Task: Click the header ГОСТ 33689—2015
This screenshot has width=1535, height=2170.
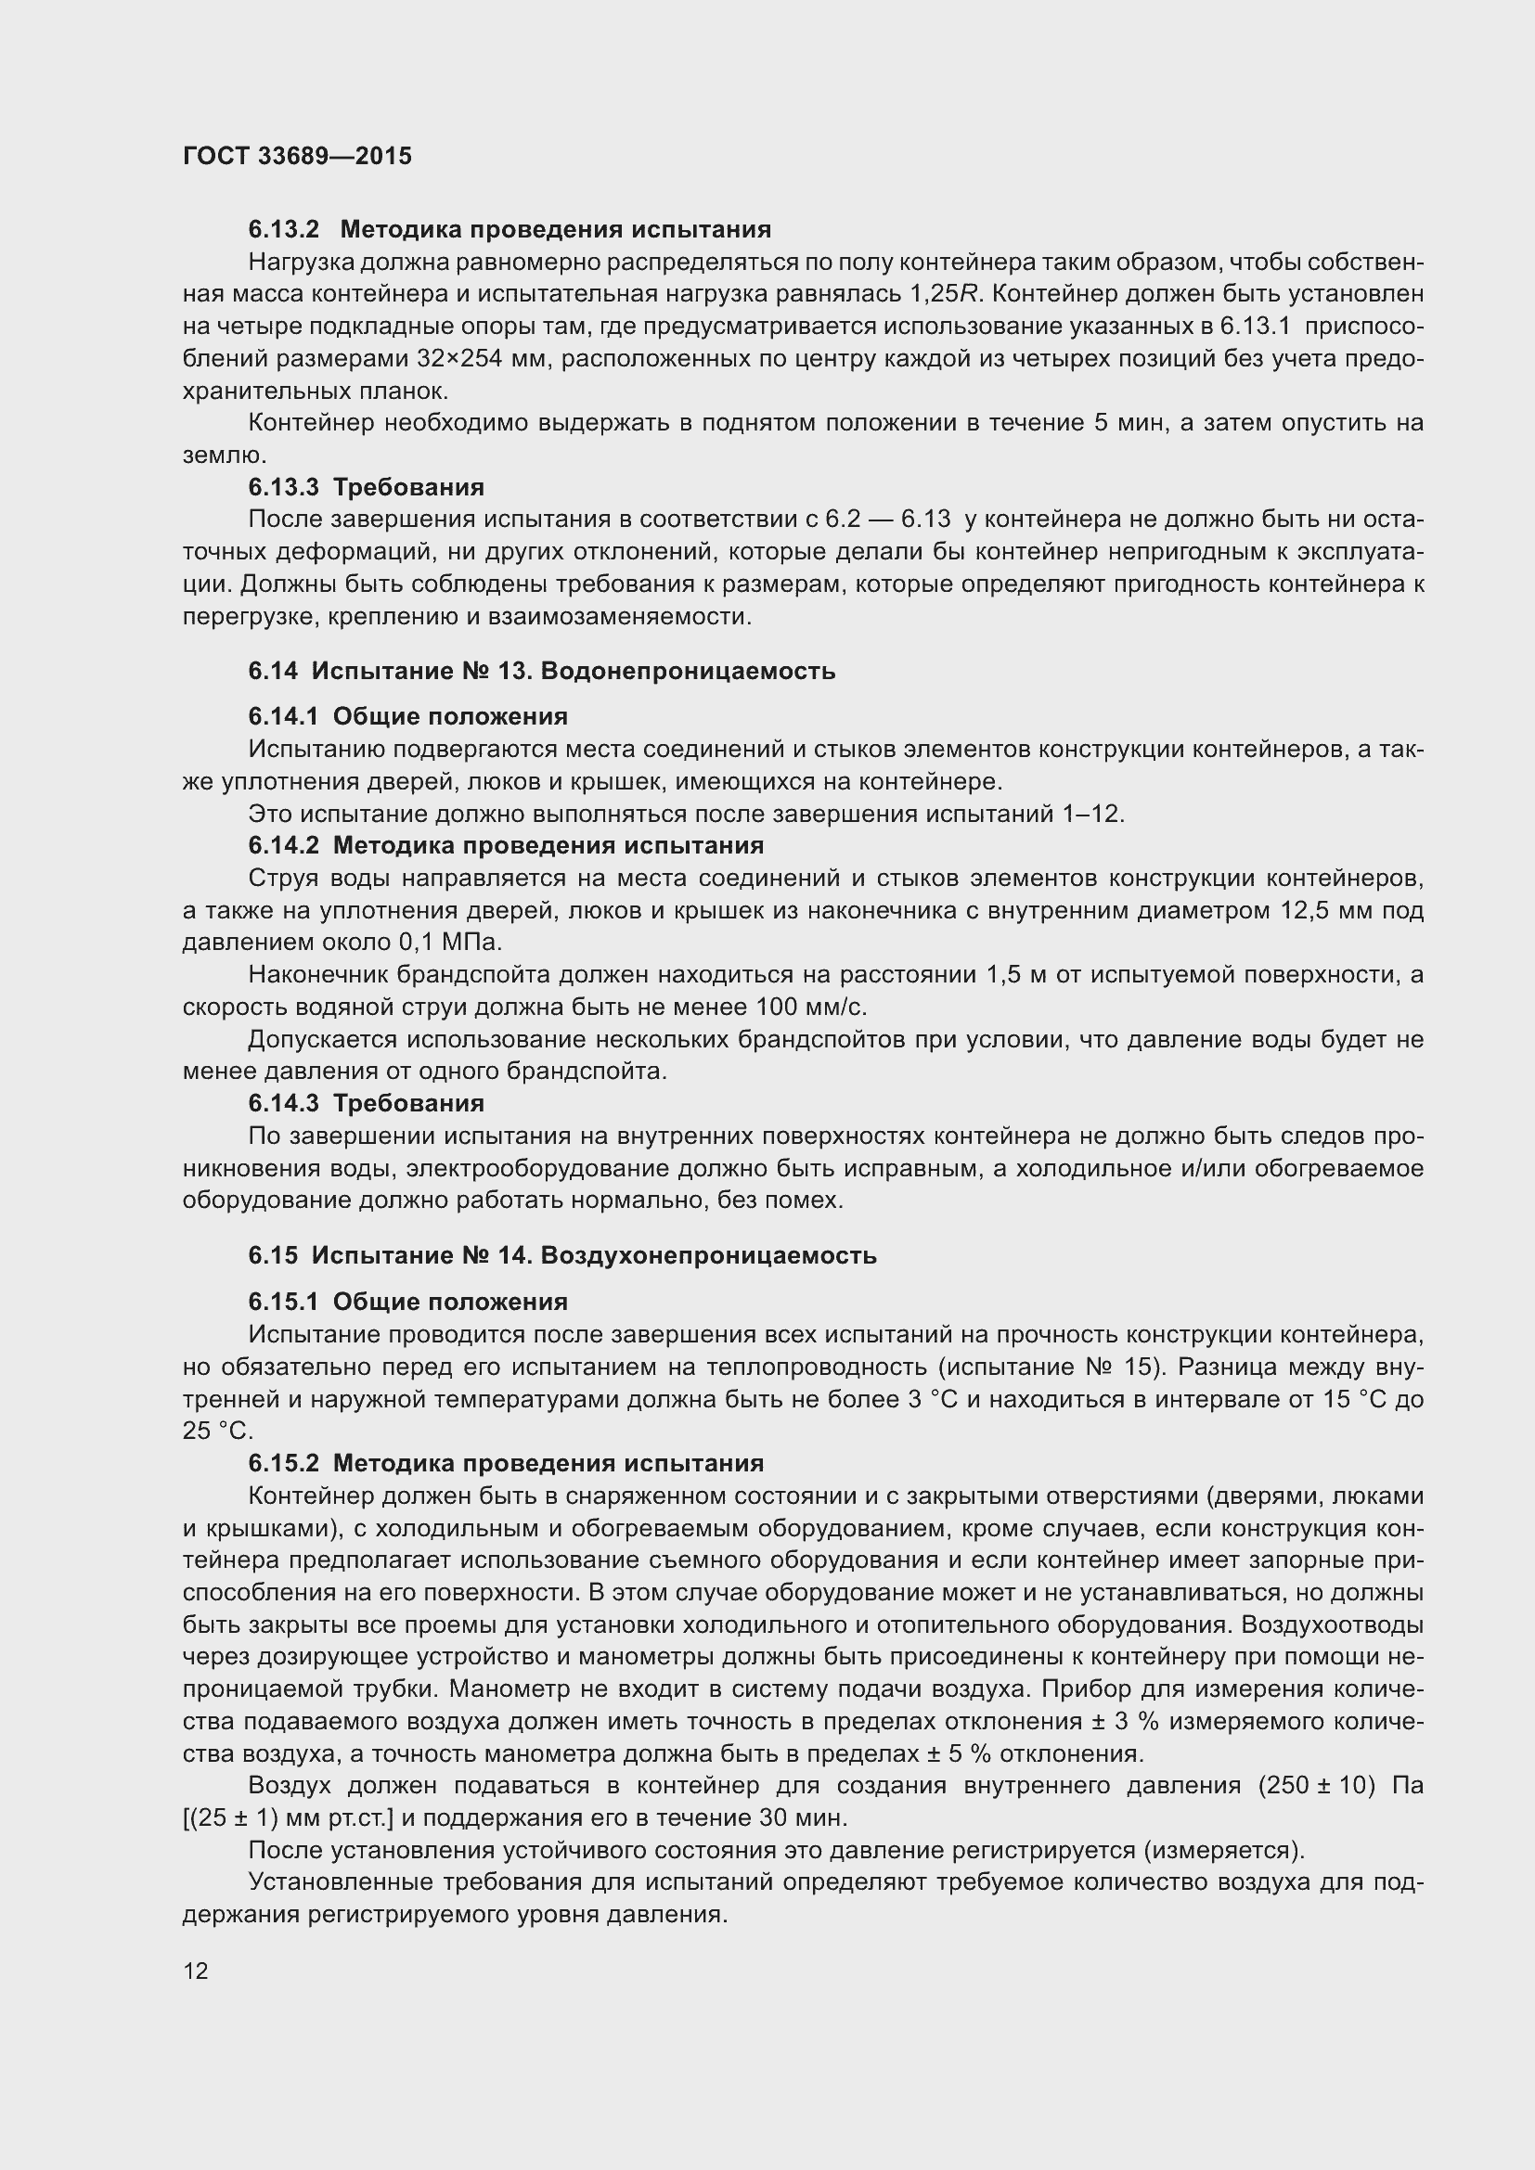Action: pos(298,156)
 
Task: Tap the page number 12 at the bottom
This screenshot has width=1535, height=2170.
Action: pos(196,1971)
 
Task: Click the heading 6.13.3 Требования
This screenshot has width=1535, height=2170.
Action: pos(367,487)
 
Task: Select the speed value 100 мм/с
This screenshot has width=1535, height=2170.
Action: pos(811,1008)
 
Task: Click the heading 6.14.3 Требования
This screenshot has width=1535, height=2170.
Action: pos(367,1103)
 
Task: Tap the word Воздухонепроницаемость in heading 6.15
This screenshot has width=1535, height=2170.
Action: pos(709,1255)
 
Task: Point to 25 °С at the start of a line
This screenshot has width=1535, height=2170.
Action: pos(217,1431)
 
